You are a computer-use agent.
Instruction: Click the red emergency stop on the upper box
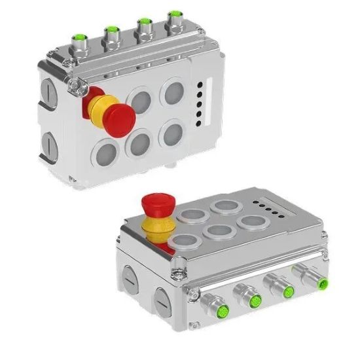click(x=118, y=117)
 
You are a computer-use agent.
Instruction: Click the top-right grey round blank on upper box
click(x=173, y=92)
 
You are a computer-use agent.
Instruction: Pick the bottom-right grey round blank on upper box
click(x=172, y=133)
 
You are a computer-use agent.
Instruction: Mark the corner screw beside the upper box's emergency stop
click(x=77, y=84)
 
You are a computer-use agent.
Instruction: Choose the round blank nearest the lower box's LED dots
click(x=250, y=221)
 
